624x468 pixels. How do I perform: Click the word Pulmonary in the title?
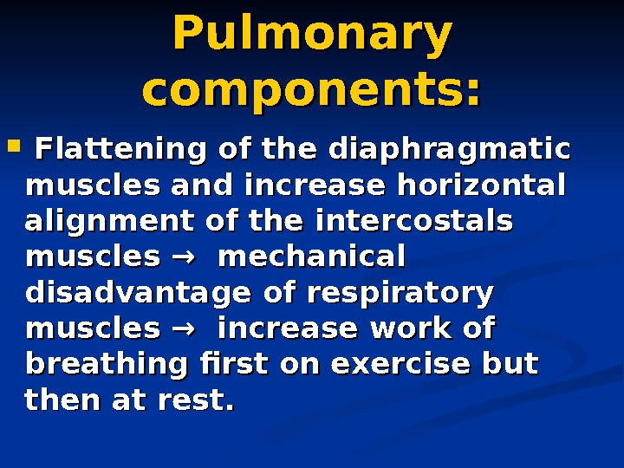click(x=312, y=35)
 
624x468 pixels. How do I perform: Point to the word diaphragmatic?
click(x=449, y=149)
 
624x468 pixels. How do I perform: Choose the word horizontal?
click(x=481, y=185)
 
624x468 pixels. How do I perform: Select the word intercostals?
click(x=413, y=222)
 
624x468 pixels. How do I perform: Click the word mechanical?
click(x=313, y=257)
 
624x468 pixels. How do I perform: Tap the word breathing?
click(x=106, y=365)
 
